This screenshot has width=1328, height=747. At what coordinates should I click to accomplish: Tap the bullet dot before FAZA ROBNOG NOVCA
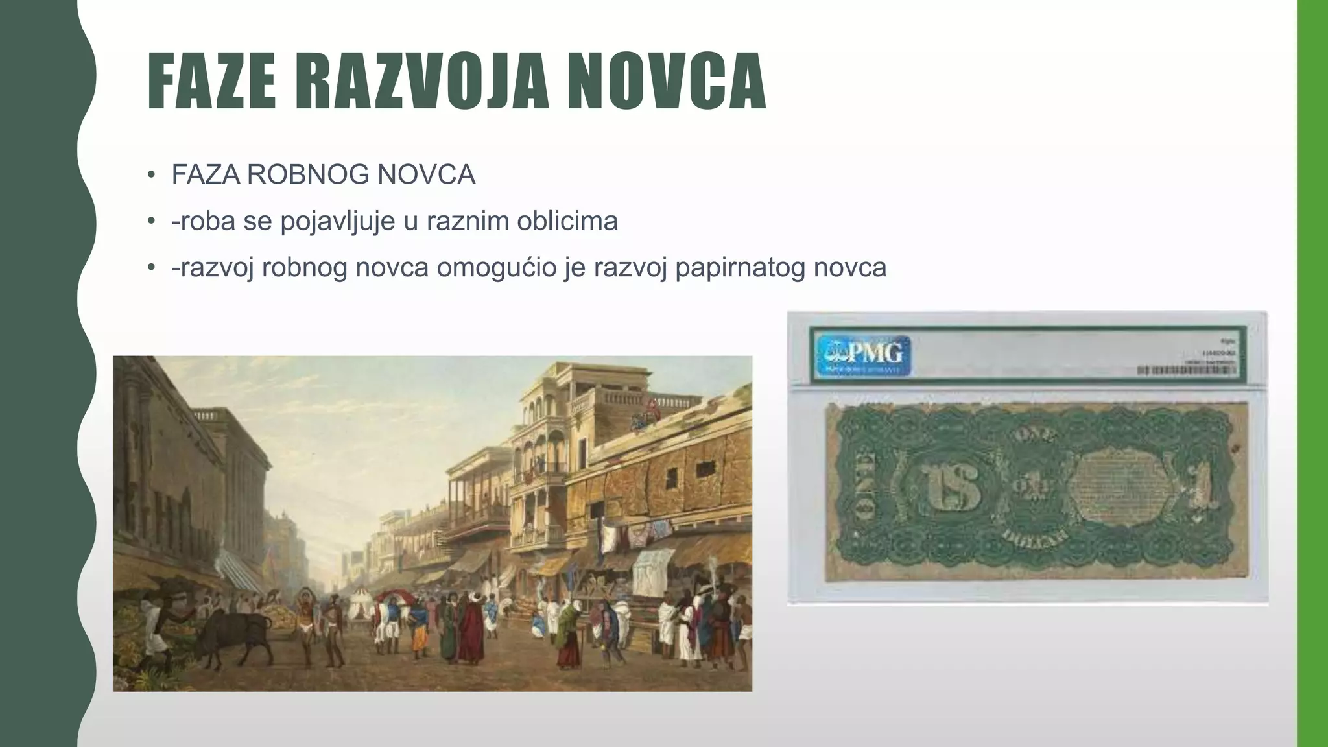point(151,175)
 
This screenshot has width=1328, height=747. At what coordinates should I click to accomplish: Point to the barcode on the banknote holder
point(1185,370)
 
